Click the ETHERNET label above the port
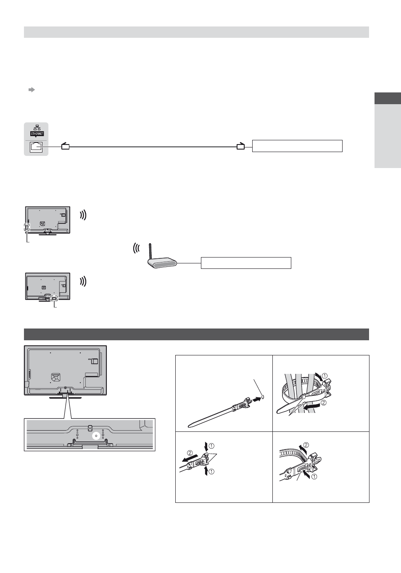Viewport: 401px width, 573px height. point(37,134)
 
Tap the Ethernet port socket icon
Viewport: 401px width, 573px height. point(36,147)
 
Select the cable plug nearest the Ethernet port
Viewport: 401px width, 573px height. point(66,146)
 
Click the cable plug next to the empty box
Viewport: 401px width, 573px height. point(240,146)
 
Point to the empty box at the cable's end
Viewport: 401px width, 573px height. point(297,146)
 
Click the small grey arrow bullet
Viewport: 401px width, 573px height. point(32,90)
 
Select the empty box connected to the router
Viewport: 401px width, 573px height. point(246,263)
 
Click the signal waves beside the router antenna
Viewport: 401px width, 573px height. point(136,248)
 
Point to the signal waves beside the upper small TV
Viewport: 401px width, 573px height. point(83,215)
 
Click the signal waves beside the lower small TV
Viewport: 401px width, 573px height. point(83,281)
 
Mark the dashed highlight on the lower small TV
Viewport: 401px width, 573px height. point(54,298)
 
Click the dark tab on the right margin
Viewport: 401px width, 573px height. point(388,98)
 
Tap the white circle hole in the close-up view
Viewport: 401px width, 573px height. point(96,436)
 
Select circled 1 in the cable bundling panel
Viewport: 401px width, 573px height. point(324,376)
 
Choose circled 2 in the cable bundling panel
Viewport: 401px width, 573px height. point(324,402)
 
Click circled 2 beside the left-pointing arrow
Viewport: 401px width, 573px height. point(190,453)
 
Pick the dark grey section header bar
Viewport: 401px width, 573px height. point(196,334)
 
